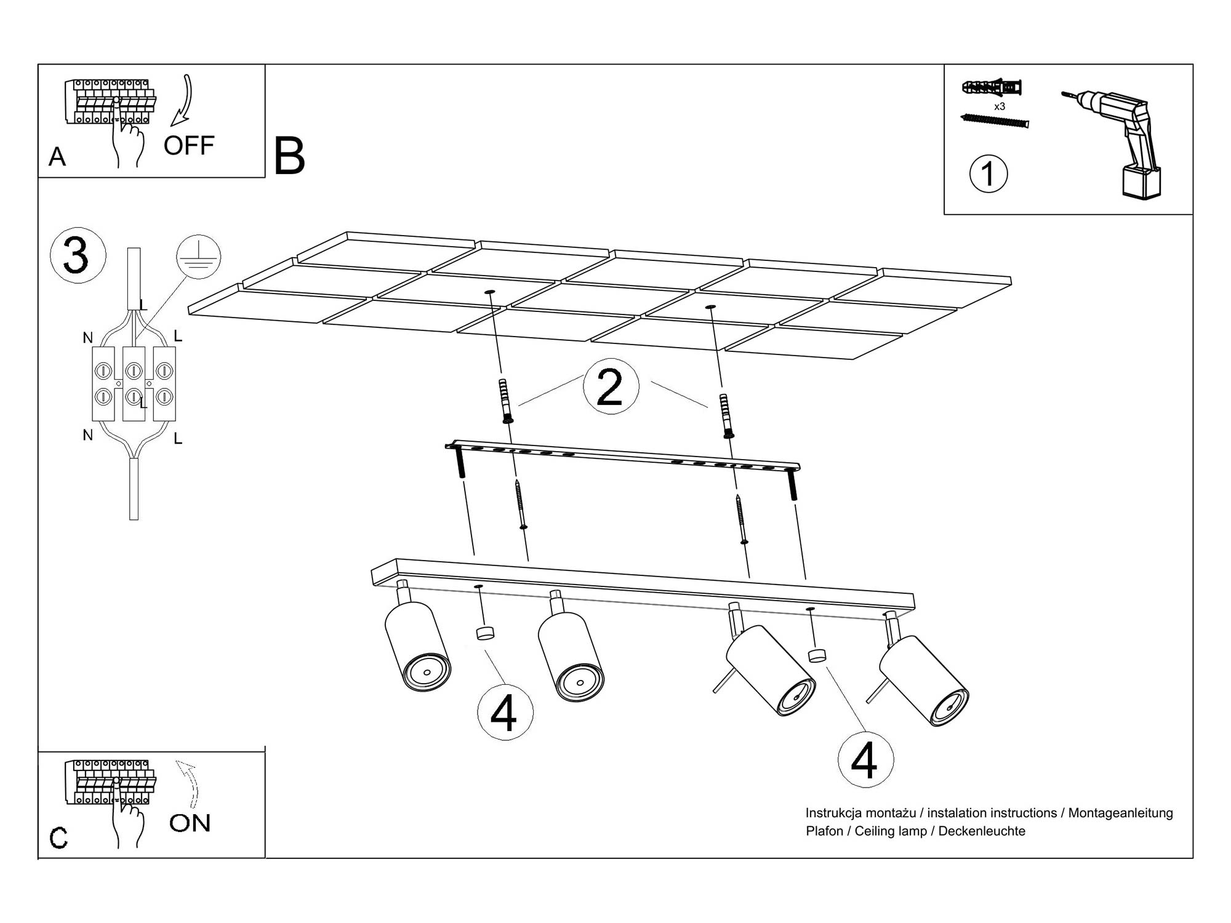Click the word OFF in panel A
click(188, 146)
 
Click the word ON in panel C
click(190, 823)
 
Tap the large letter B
click(289, 156)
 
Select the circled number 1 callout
click(988, 174)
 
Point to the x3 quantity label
click(1000, 106)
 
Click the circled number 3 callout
click(78, 255)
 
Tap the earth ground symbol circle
click(198, 257)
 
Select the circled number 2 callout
click(611, 386)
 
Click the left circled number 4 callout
click(505, 713)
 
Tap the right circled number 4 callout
click(865, 761)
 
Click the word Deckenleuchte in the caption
click(982, 831)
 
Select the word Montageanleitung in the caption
click(1120, 813)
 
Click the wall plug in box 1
click(992, 87)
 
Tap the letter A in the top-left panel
click(57, 157)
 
